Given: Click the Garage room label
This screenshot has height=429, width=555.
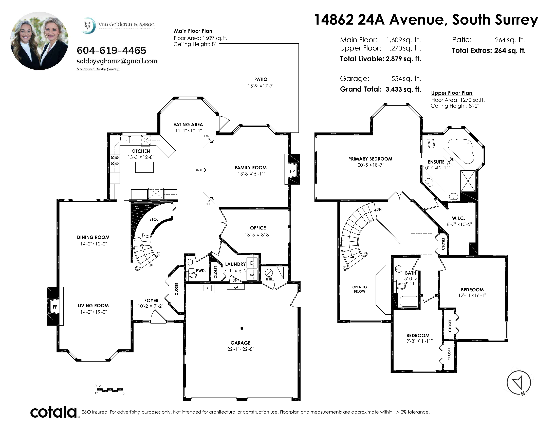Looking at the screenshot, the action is tap(240, 343).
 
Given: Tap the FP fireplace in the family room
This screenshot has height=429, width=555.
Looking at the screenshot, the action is tap(292, 169).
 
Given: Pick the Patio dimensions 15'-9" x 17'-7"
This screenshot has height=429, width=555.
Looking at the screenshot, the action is tap(261, 86).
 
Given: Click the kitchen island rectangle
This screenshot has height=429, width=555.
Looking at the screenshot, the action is tap(144, 167).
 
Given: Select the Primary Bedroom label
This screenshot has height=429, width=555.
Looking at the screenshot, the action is tap(370, 159).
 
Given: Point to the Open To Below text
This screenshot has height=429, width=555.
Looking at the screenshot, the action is tap(359, 289).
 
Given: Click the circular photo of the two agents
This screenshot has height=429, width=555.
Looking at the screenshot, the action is tap(39, 41).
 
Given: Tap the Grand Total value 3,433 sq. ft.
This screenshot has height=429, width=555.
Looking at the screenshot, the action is tap(403, 89).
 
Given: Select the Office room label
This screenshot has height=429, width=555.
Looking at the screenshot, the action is tap(258, 228).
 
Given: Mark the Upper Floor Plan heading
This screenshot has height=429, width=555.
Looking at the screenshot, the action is tap(452, 93).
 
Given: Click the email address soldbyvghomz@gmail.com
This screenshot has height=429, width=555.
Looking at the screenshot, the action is tap(117, 61).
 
